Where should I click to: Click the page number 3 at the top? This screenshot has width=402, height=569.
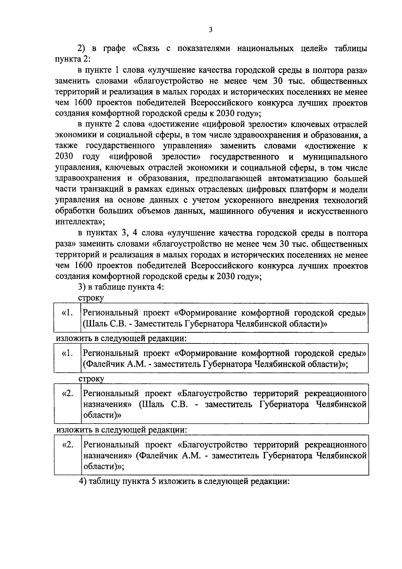[210, 30]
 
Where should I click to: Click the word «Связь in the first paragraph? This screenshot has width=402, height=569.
[146, 49]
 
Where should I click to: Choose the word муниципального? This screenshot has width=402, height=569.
[335, 157]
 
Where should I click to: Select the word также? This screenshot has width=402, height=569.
[67, 146]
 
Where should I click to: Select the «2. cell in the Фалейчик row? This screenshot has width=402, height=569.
[68, 445]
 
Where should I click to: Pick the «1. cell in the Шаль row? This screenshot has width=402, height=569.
[67, 313]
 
